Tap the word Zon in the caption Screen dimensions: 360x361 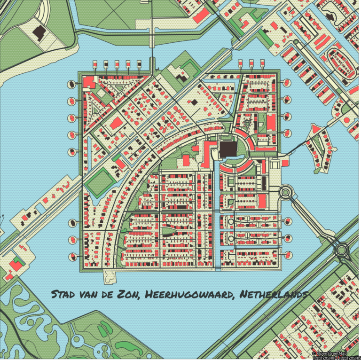[x=129, y=295]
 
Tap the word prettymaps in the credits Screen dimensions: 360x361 [x=348, y=358]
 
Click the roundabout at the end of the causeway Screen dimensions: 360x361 [x=342, y=249]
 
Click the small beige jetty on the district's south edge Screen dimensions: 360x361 [x=109, y=276]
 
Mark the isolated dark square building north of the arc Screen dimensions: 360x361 [x=193, y=102]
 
